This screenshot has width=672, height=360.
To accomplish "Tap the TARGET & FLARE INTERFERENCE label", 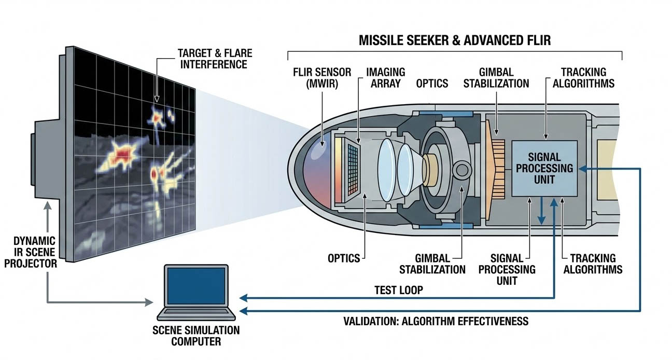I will click(212, 59).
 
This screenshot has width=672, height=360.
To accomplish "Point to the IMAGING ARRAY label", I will click(385, 78).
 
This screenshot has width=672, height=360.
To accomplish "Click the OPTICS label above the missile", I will click(432, 83).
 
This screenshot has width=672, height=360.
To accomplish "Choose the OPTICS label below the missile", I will click(344, 258).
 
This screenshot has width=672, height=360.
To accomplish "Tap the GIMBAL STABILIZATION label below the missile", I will click(440, 264).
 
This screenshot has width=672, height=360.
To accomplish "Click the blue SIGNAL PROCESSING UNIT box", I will click(544, 168).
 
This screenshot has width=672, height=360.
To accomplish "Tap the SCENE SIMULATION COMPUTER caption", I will click(195, 336).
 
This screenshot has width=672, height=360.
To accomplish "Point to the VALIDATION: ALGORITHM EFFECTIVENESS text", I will click(436, 321).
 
